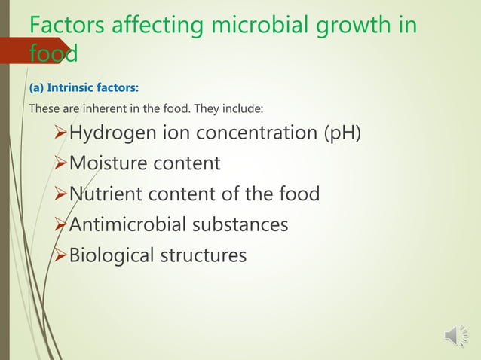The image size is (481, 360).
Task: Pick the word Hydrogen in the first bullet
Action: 111,134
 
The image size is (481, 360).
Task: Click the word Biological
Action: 110,256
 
